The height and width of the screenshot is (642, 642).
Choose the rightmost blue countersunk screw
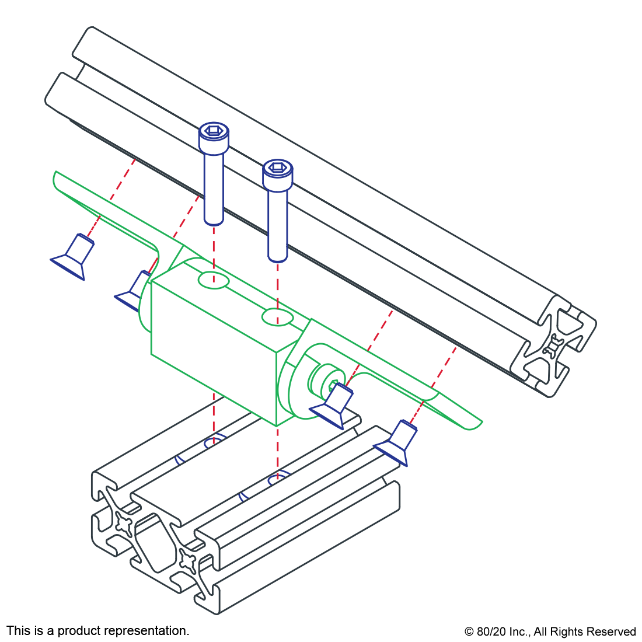[397, 442]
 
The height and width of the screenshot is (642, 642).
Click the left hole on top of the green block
[213, 280]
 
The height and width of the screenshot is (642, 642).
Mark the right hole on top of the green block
[277, 317]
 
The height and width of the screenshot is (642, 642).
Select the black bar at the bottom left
[97, 631]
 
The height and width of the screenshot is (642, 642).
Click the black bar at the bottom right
[550, 633]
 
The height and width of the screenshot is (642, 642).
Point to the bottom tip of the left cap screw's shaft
[214, 222]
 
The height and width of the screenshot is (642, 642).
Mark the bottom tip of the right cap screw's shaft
[278, 259]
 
